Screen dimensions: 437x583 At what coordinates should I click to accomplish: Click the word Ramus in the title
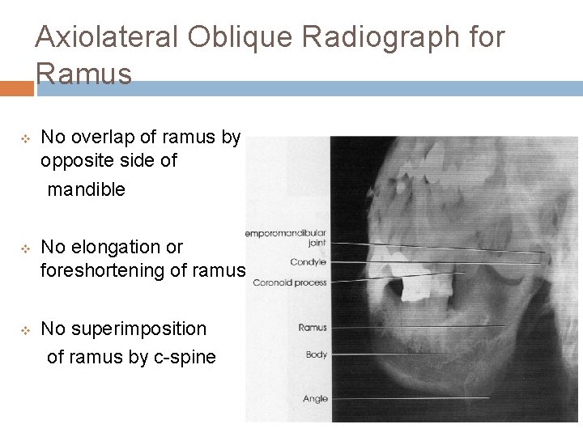pos(84,74)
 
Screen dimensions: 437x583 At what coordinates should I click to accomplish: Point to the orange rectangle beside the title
pos(16,88)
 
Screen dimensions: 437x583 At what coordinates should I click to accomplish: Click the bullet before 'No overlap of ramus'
pos(25,138)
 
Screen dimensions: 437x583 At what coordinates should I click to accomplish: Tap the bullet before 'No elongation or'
pos(25,248)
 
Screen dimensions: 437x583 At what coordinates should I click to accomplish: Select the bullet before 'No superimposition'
pos(25,329)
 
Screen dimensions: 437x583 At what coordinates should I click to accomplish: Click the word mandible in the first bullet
pos(87,189)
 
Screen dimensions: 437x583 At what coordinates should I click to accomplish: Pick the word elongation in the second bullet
pos(114,247)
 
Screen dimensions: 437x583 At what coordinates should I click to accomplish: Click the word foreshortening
pos(104,270)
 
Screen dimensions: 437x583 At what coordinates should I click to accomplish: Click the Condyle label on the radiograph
pos(309,261)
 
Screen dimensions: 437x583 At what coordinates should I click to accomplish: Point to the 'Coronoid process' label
pos(291,282)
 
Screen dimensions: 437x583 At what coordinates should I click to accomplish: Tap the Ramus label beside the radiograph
pos(313,328)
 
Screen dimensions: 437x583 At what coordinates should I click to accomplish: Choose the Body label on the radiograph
pos(316,354)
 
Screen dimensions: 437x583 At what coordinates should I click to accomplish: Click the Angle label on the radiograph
pos(315,398)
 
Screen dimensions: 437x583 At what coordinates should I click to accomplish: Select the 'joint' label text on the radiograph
pos(317,242)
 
